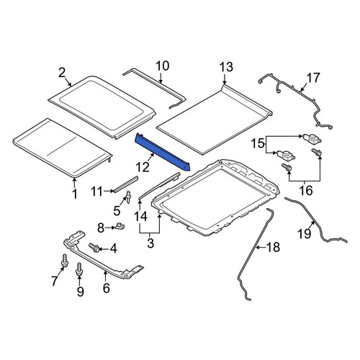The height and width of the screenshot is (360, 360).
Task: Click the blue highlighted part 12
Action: click(x=162, y=152)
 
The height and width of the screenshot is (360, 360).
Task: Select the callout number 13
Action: click(x=226, y=67)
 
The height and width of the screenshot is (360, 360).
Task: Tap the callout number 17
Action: click(x=312, y=78)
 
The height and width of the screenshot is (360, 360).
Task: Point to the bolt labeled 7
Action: click(x=64, y=261)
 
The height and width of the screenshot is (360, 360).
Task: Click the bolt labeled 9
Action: click(x=78, y=270)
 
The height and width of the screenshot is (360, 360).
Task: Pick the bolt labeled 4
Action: click(x=94, y=248)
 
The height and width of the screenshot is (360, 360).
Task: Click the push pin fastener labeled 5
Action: click(x=128, y=197)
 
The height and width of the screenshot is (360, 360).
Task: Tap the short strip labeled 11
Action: click(x=126, y=184)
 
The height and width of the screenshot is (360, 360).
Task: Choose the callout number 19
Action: click(x=305, y=233)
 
